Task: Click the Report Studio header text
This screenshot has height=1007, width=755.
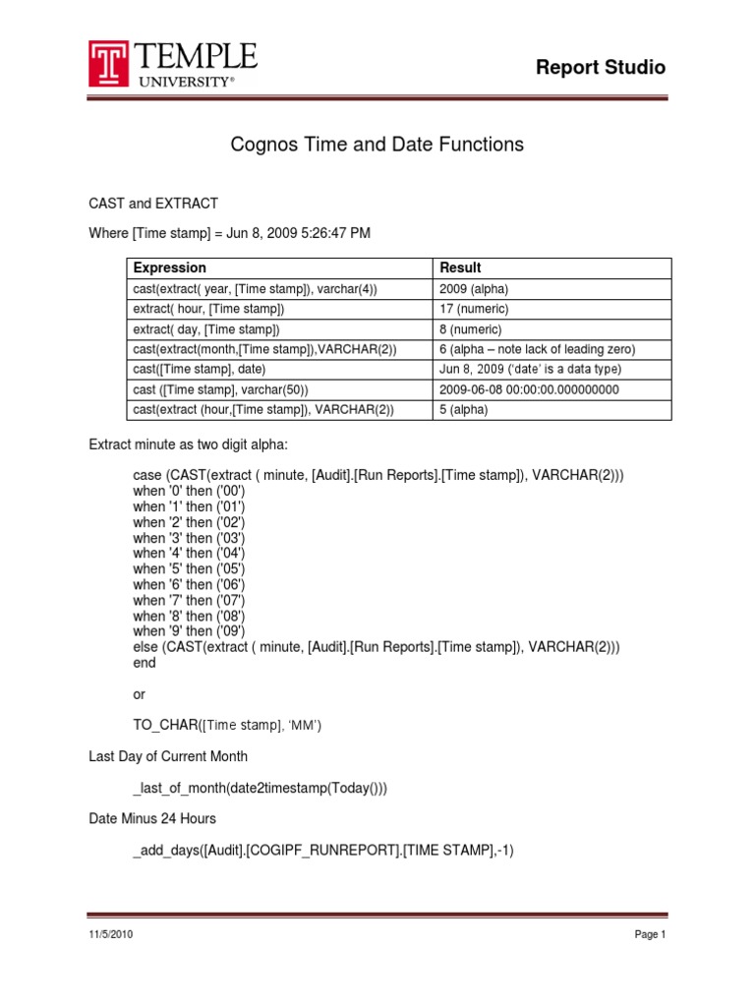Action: (x=600, y=68)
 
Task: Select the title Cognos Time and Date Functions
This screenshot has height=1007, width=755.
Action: (x=377, y=145)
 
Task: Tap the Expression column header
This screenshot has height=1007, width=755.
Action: (x=170, y=267)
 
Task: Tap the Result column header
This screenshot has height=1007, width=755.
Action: (x=460, y=267)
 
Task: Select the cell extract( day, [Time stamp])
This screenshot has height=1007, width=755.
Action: (x=206, y=329)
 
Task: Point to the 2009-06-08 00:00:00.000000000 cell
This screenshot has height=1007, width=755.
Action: (x=529, y=389)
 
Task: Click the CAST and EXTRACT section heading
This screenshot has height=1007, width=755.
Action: (x=153, y=204)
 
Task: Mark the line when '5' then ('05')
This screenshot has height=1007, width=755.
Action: (x=189, y=568)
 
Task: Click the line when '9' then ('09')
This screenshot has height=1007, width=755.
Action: (x=189, y=630)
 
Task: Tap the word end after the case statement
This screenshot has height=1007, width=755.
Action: (x=145, y=663)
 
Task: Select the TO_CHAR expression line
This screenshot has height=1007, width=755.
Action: (x=227, y=726)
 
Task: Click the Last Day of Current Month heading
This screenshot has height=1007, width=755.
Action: (x=168, y=756)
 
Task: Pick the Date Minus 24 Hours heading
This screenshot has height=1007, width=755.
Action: (x=152, y=819)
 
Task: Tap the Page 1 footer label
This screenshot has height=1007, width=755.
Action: (x=651, y=935)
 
